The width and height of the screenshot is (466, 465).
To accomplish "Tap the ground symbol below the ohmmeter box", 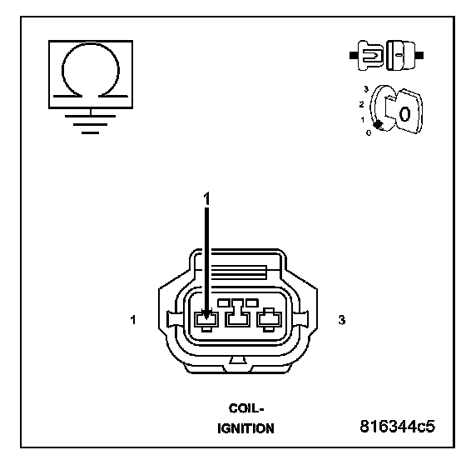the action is click(x=91, y=122).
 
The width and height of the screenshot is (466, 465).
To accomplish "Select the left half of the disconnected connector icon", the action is click(x=367, y=56).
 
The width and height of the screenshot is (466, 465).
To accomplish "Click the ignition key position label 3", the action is click(x=366, y=89).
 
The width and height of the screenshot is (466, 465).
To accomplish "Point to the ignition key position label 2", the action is click(x=361, y=104).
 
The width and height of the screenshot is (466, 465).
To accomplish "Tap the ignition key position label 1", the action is click(x=362, y=120).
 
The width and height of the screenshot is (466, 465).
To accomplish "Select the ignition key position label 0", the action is click(x=369, y=133).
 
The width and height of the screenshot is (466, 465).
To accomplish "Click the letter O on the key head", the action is click(x=404, y=114).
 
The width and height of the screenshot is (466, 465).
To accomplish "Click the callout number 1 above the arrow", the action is click(x=206, y=198).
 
